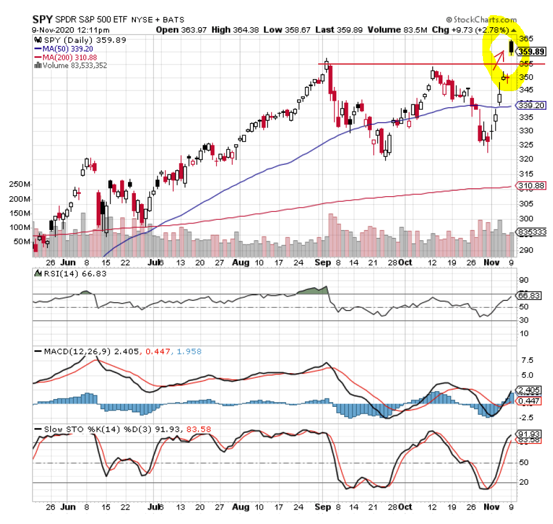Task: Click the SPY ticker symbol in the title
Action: (42, 19)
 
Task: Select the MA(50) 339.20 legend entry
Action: (63, 48)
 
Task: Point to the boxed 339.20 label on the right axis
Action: (532, 105)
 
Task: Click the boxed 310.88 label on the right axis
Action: (532, 186)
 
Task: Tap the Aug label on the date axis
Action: (241, 263)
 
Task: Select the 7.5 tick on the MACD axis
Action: (525, 360)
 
